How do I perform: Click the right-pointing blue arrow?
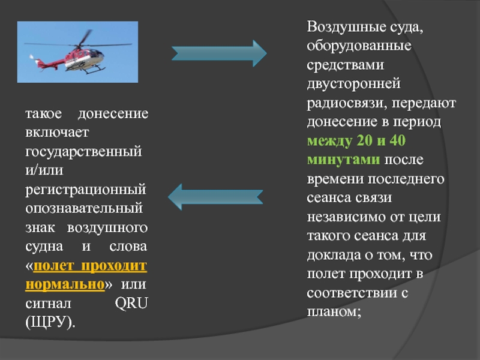click(x=219, y=53)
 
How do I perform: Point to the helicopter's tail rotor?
click(x=34, y=58)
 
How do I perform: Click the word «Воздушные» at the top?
click(x=341, y=28)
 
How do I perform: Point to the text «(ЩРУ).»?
click(x=50, y=322)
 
